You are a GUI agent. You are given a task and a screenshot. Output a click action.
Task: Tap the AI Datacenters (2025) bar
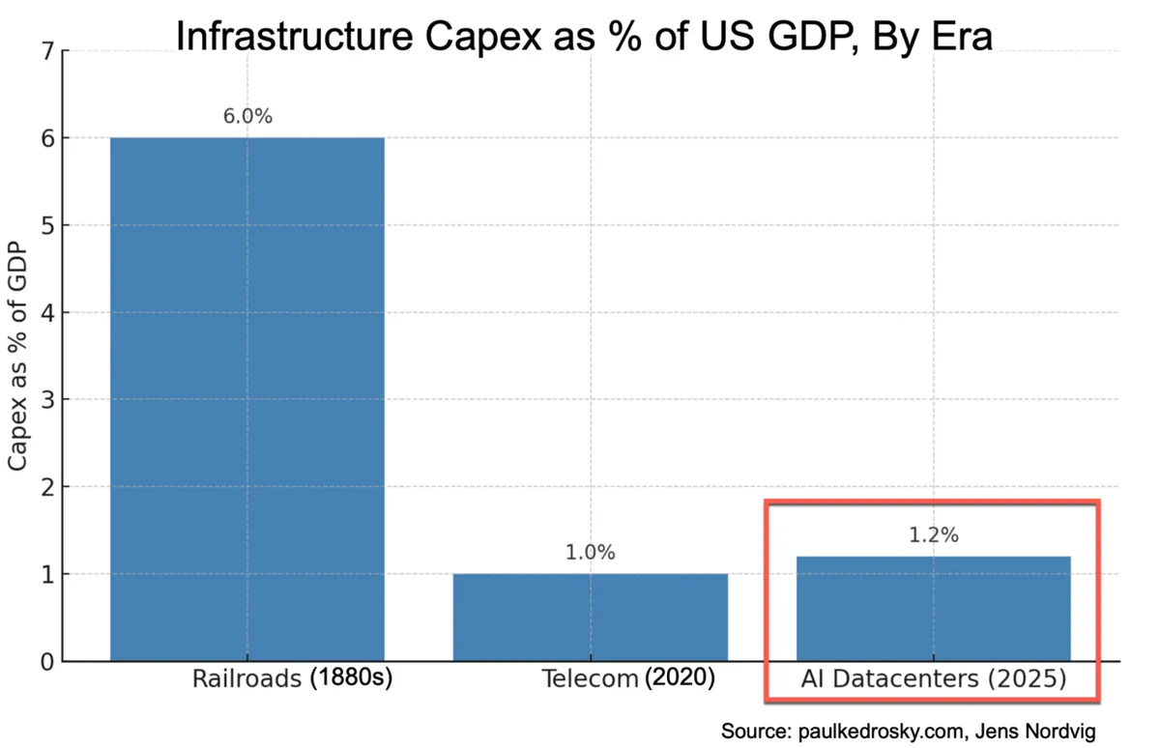[x=933, y=608]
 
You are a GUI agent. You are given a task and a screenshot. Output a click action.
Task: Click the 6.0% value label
[x=246, y=117]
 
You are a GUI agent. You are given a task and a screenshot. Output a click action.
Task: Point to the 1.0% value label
[x=590, y=553]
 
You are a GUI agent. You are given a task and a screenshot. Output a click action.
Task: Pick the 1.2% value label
[x=933, y=535]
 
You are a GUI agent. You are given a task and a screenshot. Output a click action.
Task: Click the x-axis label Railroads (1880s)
[x=292, y=678]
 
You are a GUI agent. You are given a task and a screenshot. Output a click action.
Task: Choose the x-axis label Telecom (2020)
[x=629, y=678]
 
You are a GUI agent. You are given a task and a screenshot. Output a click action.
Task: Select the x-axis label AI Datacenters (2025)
[x=933, y=679]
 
